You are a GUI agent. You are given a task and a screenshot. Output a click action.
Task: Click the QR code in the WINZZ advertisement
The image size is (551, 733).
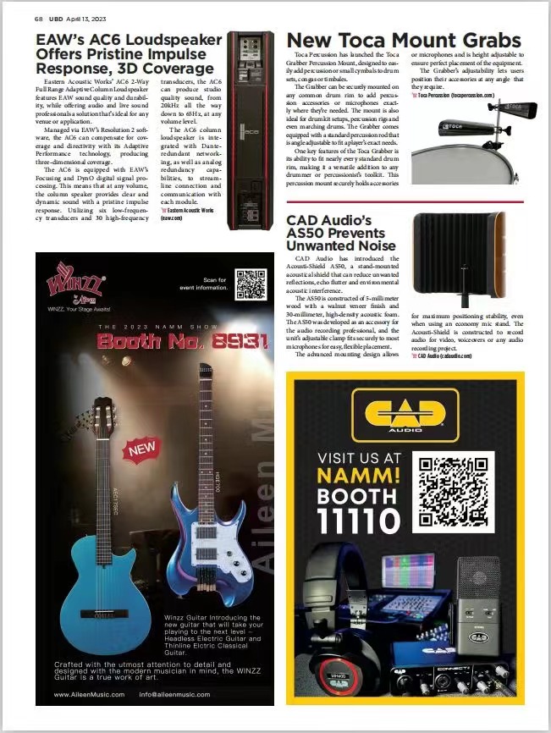tap(250, 284)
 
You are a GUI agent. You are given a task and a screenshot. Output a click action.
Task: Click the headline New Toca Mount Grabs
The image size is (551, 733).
tap(404, 40)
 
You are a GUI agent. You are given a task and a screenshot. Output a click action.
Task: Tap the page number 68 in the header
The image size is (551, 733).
tap(39, 17)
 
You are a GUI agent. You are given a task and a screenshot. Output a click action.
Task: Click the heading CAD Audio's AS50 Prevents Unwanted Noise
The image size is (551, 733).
tap(340, 232)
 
